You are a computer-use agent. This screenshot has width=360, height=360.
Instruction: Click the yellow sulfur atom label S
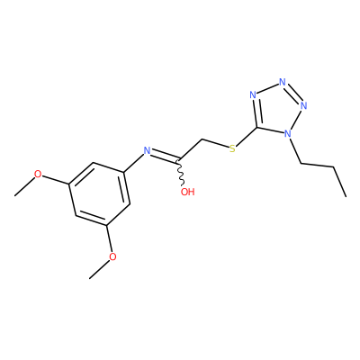click(x=232, y=148)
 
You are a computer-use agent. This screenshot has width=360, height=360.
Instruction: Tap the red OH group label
click(x=188, y=192)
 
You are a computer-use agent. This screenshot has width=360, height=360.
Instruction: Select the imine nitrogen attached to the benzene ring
click(x=147, y=150)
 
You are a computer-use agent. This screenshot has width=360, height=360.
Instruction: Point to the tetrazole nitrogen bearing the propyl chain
click(x=288, y=133)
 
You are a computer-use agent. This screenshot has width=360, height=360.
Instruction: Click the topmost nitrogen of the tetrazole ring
click(x=282, y=82)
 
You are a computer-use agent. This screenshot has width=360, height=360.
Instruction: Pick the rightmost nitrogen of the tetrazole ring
click(x=303, y=105)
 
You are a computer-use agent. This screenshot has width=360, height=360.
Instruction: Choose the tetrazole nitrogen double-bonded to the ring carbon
click(x=253, y=95)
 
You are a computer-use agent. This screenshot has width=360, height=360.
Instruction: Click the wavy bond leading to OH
click(x=181, y=173)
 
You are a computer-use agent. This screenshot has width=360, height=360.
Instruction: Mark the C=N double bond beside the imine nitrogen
click(x=165, y=157)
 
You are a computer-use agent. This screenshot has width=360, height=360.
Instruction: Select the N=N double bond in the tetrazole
click(x=293, y=93)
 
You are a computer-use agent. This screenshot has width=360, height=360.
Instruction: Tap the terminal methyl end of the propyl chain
click(x=346, y=197)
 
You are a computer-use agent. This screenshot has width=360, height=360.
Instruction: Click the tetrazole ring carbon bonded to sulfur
click(x=257, y=128)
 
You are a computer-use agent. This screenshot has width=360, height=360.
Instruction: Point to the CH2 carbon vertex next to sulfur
click(x=202, y=139)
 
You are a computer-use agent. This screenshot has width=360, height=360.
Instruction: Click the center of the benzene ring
click(x=99, y=194)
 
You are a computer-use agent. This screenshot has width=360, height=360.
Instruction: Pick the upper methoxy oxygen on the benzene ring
click(x=38, y=174)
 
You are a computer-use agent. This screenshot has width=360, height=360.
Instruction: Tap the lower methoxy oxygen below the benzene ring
click(x=112, y=257)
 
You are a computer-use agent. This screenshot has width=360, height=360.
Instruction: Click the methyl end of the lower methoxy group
click(x=89, y=279)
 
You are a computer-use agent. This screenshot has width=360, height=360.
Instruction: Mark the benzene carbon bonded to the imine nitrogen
click(x=124, y=172)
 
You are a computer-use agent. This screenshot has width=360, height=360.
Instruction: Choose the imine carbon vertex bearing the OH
click(x=179, y=158)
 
